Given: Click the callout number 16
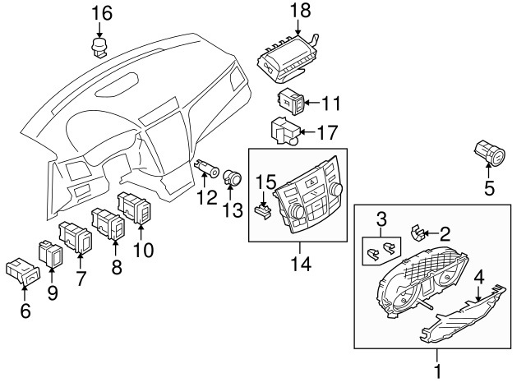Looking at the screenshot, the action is (102, 14).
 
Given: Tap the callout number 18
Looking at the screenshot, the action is (300, 10).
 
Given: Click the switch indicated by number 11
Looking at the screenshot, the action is (291, 101).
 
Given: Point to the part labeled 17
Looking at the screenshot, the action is (285, 131).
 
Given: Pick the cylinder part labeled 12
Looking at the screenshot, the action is (207, 168).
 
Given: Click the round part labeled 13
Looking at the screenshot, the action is (233, 177).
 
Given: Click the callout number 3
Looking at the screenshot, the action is (381, 219).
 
